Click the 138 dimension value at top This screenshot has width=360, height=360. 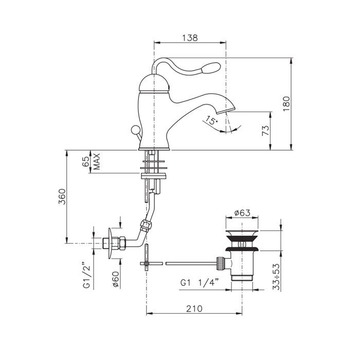pyautogui.click(x=190, y=38)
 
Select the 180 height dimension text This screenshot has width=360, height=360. pyautogui.click(x=286, y=104)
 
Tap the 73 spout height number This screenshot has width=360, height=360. pyautogui.click(x=265, y=131)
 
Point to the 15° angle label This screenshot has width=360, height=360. pyautogui.click(x=211, y=120)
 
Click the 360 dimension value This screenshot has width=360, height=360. pyautogui.click(x=62, y=196)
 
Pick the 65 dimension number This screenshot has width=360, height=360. pyautogui.click(x=85, y=161)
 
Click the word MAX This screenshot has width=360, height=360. pyautogui.click(x=97, y=161)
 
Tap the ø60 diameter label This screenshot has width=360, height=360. pyautogui.click(x=116, y=279)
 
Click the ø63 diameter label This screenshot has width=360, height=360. pyautogui.click(x=242, y=213)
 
